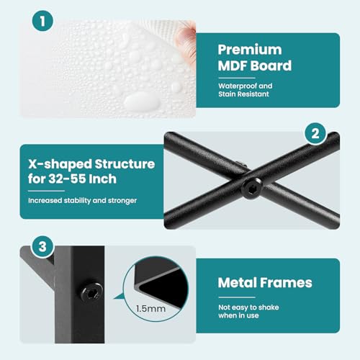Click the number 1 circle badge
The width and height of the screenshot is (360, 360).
42,21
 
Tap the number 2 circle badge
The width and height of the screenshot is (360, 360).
315,133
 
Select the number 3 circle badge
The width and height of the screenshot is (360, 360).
42,246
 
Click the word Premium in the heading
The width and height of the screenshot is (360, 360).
250,50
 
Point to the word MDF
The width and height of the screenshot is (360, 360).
233,66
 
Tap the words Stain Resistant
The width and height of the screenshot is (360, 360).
243,94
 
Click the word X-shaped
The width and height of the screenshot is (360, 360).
60,165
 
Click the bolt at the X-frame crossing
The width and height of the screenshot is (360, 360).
252,188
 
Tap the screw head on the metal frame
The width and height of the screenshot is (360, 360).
91,292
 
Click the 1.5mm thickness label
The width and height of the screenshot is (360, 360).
150,309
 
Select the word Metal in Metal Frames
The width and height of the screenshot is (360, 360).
237,282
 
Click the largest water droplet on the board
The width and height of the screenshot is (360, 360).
142,102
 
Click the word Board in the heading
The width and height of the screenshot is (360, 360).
271,66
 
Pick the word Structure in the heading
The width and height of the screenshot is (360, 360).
125,164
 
